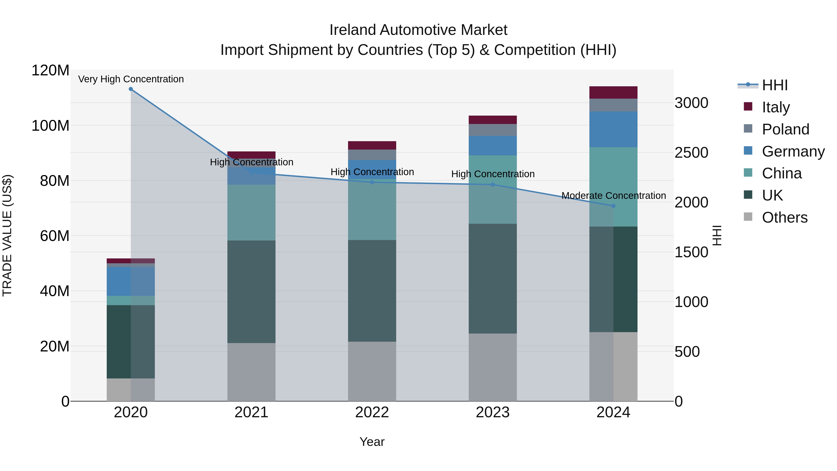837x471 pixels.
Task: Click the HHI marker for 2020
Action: coord(131,89)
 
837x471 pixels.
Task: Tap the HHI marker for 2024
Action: coord(613,206)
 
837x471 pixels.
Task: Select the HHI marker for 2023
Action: coord(493,185)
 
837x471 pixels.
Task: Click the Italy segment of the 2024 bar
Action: coord(613,93)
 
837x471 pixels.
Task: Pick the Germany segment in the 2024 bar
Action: coord(613,129)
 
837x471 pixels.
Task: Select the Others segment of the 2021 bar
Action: coord(251,372)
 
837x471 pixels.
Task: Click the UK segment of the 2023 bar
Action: coord(493,279)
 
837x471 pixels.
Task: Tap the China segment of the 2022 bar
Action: coord(372,210)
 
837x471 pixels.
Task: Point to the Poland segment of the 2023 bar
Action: coord(493,130)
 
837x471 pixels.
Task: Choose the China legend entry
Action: coord(781,173)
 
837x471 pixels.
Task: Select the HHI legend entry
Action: coord(775,85)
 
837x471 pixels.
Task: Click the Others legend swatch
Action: coord(748,217)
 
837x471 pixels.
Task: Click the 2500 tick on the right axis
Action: coord(691,153)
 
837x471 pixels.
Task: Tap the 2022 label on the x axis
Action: coord(372,412)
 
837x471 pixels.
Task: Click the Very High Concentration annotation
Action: coord(131,79)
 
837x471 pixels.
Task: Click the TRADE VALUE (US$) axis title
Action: coord(7,235)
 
